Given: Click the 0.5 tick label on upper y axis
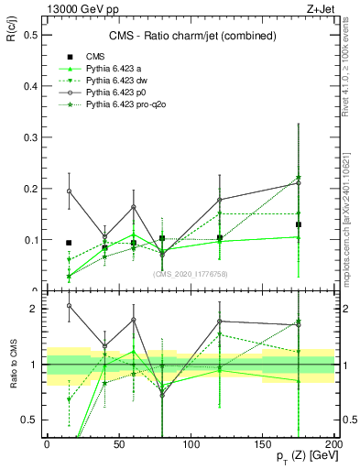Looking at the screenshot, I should pyautogui.click(x=28, y=35).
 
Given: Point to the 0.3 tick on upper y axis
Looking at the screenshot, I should pyautogui.click(x=28, y=137).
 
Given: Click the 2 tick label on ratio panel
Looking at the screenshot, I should pyautogui.click(x=33, y=309).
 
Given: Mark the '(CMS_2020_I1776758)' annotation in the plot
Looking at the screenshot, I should pyautogui.click(x=190, y=274).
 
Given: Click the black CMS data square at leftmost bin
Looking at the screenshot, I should pyautogui.click(x=69, y=243).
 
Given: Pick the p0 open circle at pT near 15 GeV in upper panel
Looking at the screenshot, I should pyautogui.click(x=69, y=191).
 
